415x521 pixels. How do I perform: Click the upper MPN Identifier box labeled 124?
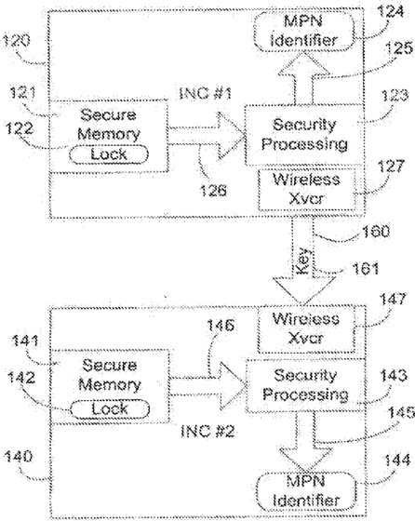pos(303,32)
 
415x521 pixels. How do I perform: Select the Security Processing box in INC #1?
pos(304,135)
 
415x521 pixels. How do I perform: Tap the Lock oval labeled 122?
pos(109,154)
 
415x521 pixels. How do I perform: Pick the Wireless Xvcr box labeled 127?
pos(307,190)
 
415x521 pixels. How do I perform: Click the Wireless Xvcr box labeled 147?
pos(306,329)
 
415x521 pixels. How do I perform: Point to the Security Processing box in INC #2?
pos(305,386)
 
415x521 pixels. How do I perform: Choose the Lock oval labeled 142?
pos(110,409)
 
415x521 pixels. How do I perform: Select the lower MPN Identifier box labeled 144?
pos(306,491)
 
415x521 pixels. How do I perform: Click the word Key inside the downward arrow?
pos(302,261)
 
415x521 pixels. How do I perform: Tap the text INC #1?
pos(205,93)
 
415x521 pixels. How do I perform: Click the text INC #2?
pos(208,431)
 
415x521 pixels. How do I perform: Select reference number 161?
pos(365,269)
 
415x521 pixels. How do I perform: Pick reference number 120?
pos(17,41)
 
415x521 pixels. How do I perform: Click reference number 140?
pos(19,457)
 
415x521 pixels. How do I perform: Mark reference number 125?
pos(399,48)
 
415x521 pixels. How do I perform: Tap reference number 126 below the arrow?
pos(213,191)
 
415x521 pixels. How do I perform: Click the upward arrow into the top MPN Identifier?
pos(303,78)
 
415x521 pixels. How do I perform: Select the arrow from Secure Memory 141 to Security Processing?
pos(207,386)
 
